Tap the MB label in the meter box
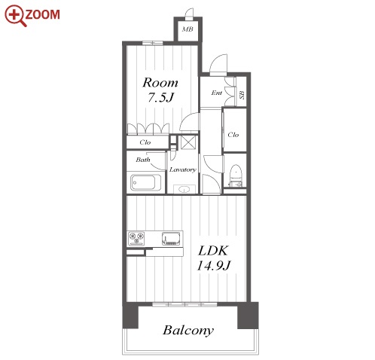click(187, 29)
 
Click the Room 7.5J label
click(160, 90)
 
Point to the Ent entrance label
click(217, 93)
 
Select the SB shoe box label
click(242, 95)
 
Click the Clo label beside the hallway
click(233, 135)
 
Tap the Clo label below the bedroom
click(145, 142)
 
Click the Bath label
click(143, 160)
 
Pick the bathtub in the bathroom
click(146, 182)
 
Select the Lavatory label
click(183, 169)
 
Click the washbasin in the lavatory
click(184, 189)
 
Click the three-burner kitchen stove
click(136, 239)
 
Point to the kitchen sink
click(171, 239)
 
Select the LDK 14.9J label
click(213, 258)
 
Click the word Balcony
click(188, 331)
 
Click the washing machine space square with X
click(188, 142)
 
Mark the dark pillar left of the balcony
click(130, 316)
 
